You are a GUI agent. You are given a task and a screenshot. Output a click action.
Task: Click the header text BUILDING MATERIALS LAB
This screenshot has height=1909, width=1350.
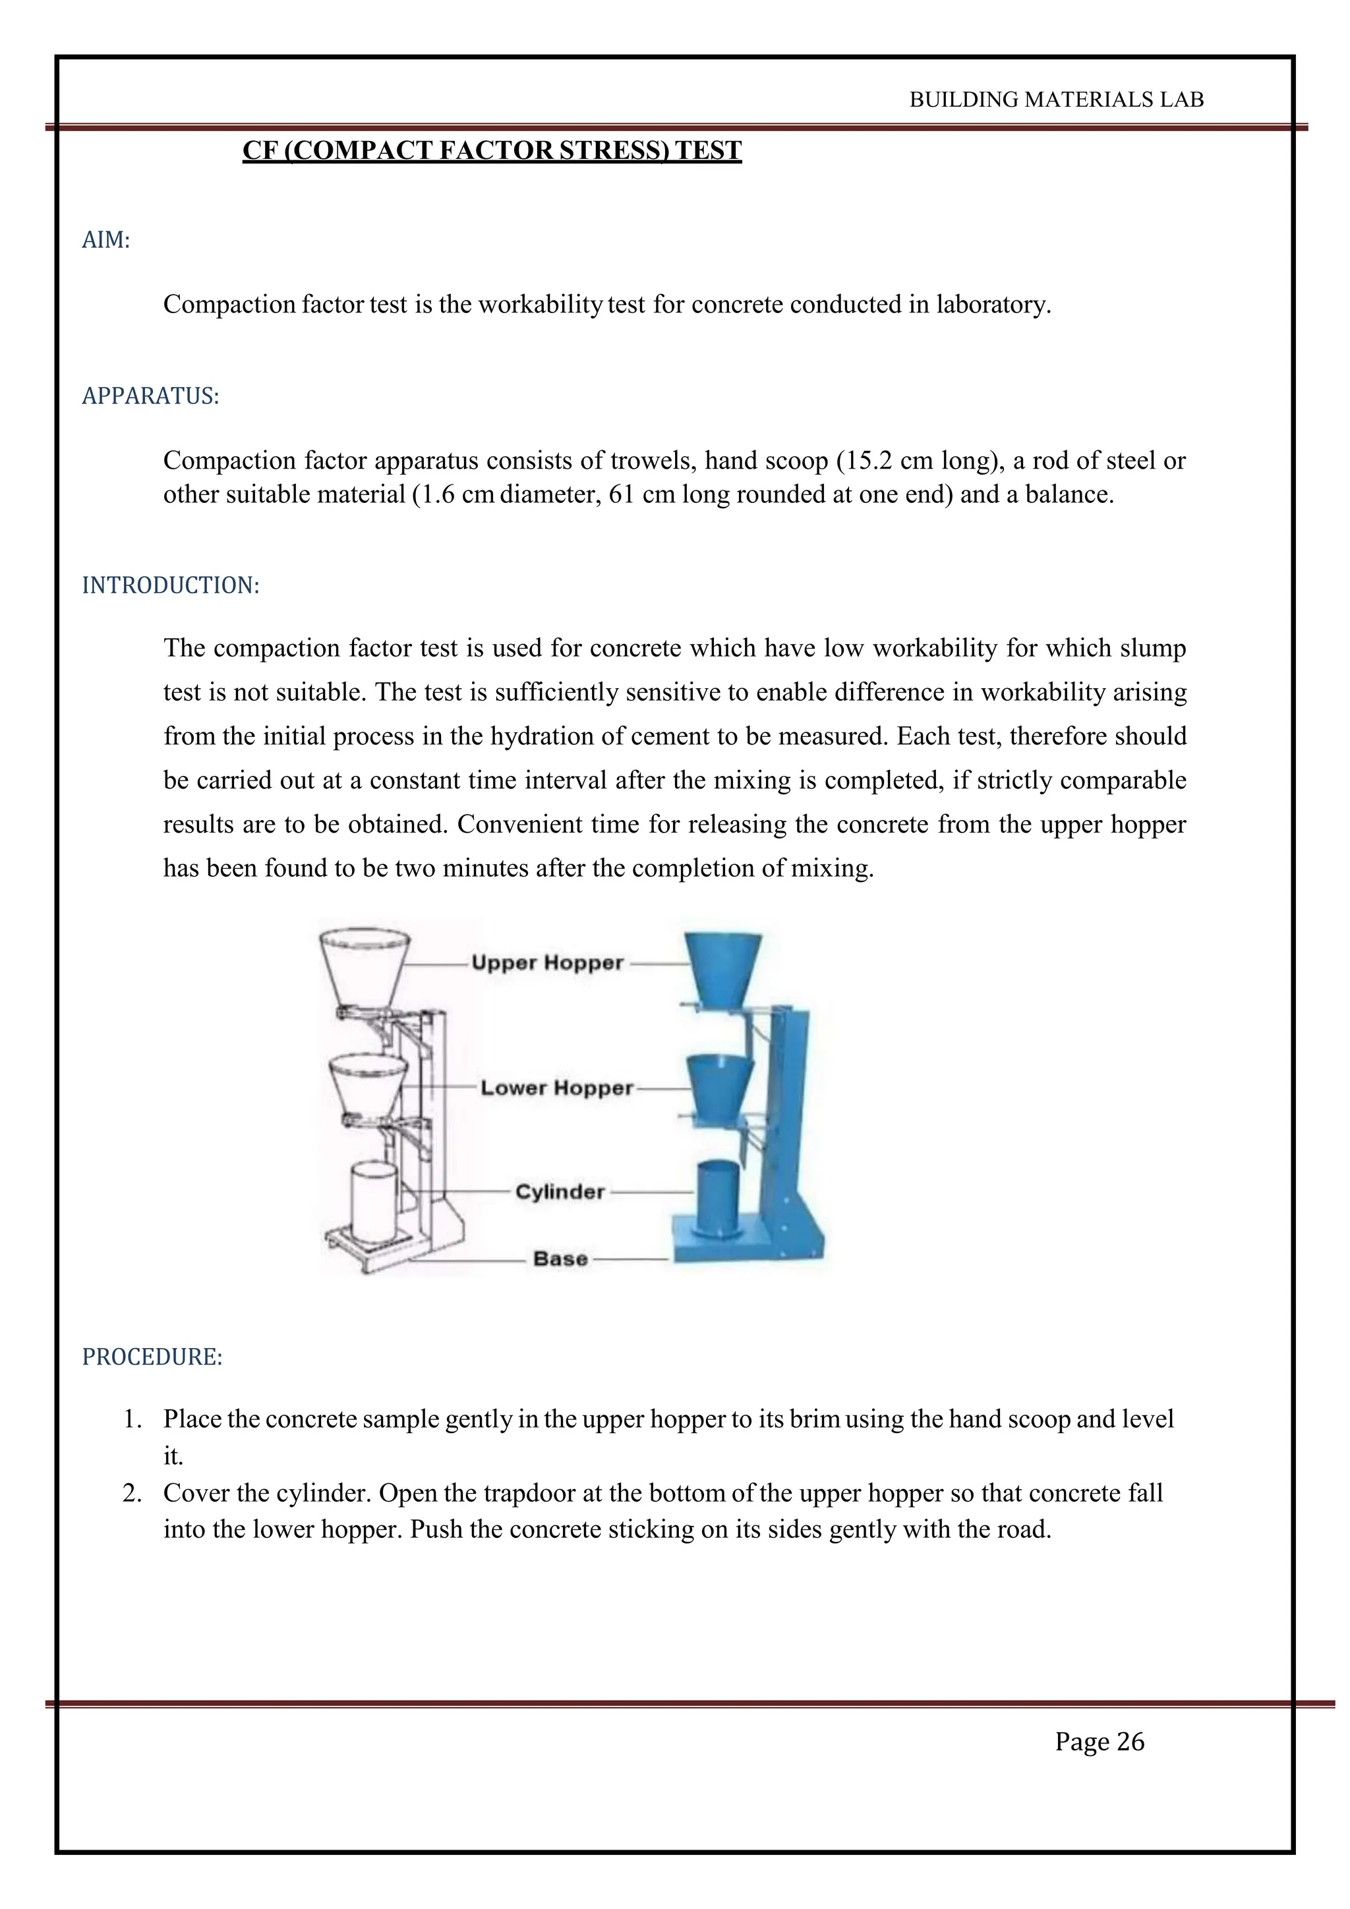1056,100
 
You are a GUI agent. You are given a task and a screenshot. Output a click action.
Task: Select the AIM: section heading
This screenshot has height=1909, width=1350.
105,241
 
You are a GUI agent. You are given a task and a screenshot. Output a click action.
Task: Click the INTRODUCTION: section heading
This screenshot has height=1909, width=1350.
171,585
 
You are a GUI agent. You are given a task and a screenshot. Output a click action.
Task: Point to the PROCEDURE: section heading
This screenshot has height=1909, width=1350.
152,1357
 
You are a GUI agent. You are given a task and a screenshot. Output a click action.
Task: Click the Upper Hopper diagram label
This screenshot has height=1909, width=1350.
547,963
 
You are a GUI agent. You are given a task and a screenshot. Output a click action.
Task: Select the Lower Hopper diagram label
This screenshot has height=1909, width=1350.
556,1088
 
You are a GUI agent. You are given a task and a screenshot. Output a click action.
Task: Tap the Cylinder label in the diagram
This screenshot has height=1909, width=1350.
560,1191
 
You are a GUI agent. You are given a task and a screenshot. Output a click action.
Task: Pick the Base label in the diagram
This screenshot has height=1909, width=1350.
560,1259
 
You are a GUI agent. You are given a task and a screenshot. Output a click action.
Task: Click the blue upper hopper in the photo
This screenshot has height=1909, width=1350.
722,966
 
